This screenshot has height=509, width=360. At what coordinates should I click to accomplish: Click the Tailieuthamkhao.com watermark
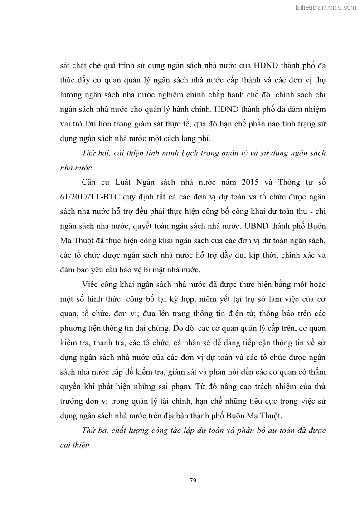[x=326, y=7]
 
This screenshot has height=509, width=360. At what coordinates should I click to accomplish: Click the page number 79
[x=193, y=480]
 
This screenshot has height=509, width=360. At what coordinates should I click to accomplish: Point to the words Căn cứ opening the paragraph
[x=95, y=182]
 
